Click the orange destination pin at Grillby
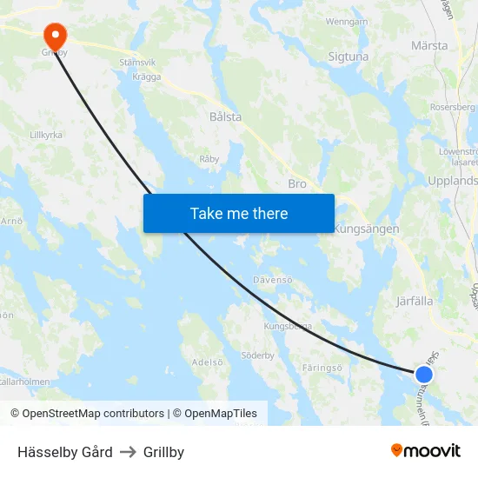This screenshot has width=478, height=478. coord(55,36)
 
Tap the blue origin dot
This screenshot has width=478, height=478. coord(423,375)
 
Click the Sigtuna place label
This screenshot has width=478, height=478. coord(349,56)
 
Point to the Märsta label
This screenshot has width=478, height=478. coord(429,45)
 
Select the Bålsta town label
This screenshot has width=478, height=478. coord(225,116)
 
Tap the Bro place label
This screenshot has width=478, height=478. coord(297,183)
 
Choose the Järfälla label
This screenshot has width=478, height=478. coord(414,302)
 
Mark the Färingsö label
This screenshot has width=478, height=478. coord(325,368)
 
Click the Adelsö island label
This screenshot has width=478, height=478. coord(208,362)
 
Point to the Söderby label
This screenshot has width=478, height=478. coord(257,355)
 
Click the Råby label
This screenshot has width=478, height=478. coord(209,159)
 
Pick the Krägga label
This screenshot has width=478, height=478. coord(147,76)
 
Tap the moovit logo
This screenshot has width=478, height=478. coord(425,451)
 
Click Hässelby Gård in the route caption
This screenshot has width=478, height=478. coord(65,452)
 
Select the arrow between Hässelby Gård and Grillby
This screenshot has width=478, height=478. coord(128,452)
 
